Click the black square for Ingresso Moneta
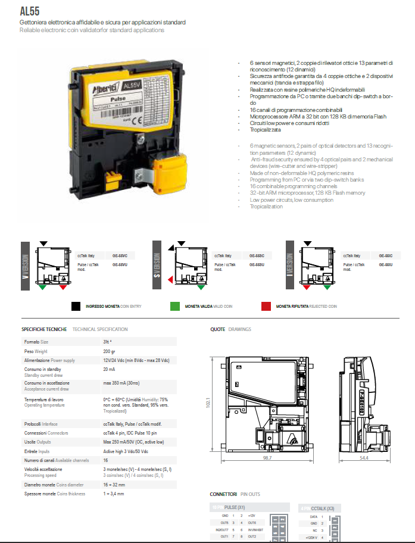pos(76,306)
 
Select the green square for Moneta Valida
pos(175,306)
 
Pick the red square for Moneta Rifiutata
pos(266,306)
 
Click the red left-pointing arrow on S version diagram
pos(170,280)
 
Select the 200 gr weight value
pos(109,351)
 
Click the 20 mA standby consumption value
pos(109,370)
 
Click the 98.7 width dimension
pos(267,458)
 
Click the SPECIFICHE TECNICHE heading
pos(45,329)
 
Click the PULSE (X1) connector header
pos(235,507)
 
